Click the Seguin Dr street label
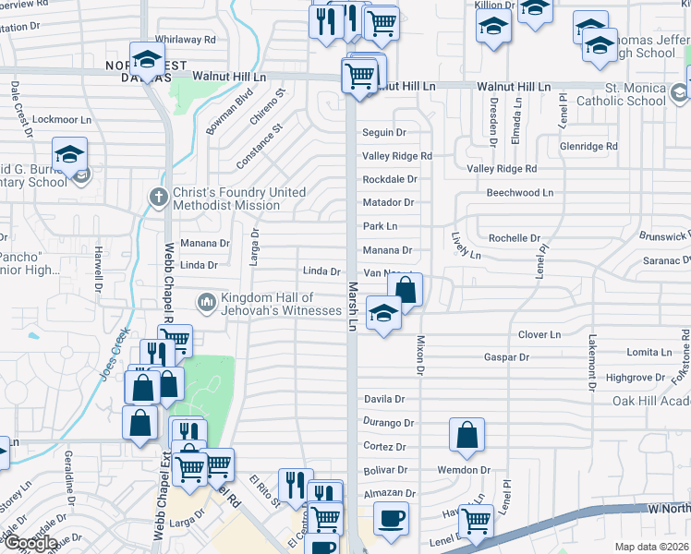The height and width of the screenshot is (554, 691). click(x=383, y=133)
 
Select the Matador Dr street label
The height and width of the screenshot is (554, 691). click(x=388, y=202)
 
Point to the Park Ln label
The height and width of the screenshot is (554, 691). click(x=380, y=226)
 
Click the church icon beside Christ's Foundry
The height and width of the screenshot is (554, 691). click(x=159, y=197)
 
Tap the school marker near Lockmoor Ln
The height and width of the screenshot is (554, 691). click(x=69, y=155)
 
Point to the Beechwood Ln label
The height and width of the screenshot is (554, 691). click(x=519, y=193)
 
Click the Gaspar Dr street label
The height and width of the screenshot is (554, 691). click(x=506, y=357)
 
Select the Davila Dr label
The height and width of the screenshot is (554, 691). click(x=384, y=399)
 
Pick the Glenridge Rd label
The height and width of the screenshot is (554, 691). click(x=588, y=147)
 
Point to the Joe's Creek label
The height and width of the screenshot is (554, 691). click(x=113, y=357)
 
